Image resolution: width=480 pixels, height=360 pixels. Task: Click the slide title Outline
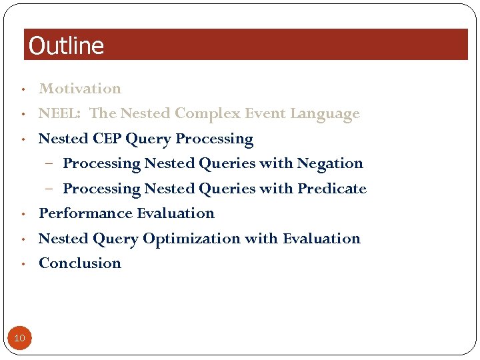67,46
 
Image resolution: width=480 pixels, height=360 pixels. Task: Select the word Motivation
80,89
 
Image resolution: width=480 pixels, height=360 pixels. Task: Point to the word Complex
205,114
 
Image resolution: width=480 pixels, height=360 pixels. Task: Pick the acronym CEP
107,139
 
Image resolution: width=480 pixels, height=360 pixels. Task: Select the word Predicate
332,189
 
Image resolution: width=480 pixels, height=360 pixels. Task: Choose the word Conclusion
80,263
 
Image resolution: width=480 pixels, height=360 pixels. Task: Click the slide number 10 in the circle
19,338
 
